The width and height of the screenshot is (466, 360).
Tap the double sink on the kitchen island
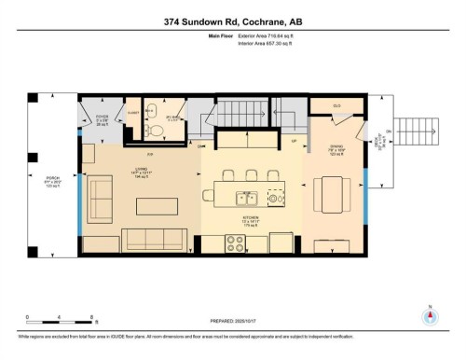[247, 197]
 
